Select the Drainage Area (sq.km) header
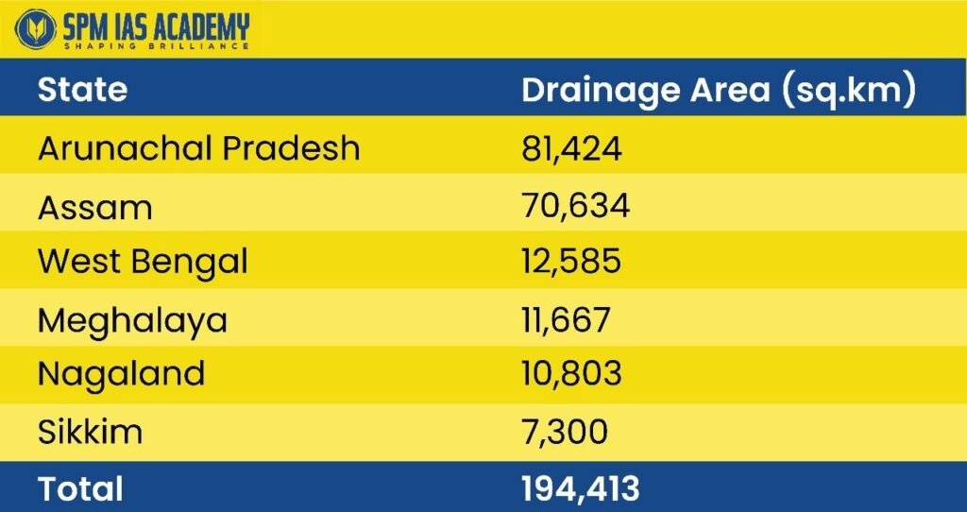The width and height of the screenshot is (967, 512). [719, 90]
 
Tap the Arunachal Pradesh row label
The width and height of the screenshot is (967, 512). [198, 148]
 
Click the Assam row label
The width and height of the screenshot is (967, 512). [94, 206]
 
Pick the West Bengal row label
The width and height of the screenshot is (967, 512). [143, 261]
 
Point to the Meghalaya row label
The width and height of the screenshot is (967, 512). [132, 319]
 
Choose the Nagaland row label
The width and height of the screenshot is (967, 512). [121, 374]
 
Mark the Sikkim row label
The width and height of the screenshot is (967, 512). [90, 432]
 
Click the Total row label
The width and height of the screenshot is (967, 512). [80, 488]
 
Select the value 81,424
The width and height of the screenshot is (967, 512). [571, 148]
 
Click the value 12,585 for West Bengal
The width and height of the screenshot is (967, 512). [571, 261]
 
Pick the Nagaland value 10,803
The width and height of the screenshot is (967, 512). [571, 374]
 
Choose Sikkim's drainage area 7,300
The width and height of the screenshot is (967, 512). [565, 432]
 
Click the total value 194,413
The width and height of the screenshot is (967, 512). [580, 488]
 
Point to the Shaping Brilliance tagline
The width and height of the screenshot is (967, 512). [156, 45]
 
